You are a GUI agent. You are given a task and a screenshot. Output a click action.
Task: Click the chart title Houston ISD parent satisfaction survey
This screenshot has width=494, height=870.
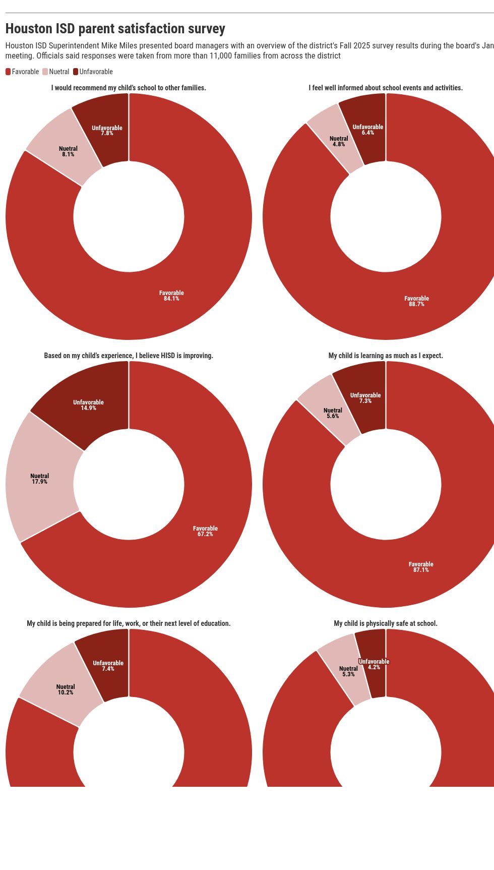[115, 29]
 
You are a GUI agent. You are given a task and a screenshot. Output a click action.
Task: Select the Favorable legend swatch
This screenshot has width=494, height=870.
[8, 72]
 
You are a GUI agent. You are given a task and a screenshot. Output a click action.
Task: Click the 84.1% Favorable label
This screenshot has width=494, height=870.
[171, 296]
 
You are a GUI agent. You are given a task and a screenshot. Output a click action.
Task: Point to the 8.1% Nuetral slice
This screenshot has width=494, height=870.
[68, 151]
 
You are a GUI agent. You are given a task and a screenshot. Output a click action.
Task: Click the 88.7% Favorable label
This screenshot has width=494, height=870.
[416, 302]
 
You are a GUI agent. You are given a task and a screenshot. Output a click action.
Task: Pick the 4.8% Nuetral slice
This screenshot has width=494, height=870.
[338, 141]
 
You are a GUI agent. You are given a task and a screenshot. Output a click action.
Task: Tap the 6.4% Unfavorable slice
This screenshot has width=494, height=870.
[367, 130]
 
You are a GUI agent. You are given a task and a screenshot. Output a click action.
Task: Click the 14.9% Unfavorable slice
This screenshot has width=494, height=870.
[88, 405]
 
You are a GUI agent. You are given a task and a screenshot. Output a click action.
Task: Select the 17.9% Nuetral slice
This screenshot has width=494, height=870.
[39, 479]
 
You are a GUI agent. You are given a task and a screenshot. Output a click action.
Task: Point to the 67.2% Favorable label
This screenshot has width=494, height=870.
[205, 531]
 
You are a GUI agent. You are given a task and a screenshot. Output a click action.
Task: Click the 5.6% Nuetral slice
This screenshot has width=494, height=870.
[332, 414]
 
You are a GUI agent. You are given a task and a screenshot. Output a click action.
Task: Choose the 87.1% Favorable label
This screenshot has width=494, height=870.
[420, 567]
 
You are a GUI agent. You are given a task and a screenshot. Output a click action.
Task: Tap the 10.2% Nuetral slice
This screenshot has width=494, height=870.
[65, 689]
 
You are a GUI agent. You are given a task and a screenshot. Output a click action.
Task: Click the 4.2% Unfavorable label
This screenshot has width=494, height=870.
[374, 664]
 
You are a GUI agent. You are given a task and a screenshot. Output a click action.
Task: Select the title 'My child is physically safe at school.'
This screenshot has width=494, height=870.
[386, 623]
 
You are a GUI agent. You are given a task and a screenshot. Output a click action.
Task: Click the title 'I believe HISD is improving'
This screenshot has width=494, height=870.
[129, 356]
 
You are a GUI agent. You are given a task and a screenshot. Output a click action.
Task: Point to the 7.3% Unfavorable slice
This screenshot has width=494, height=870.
[365, 398]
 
